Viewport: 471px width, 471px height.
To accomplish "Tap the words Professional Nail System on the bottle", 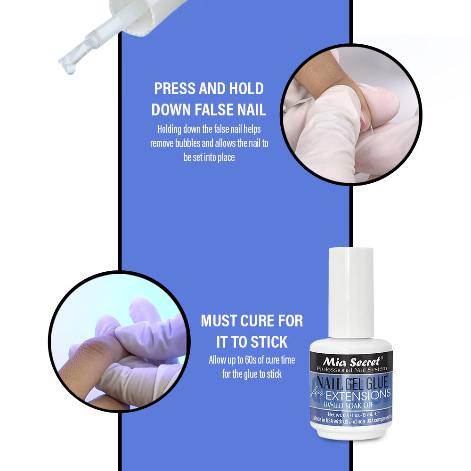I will point(350,369).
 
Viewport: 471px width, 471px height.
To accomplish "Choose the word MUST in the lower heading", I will point(219,321).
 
